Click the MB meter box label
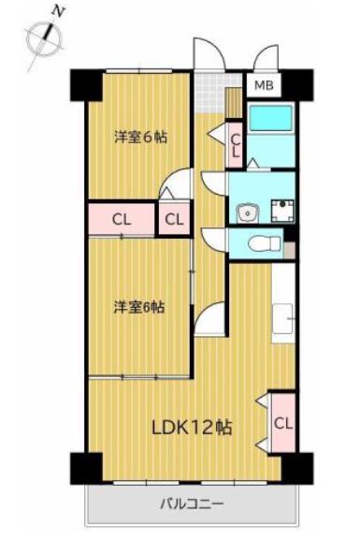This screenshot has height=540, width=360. pos(264,85)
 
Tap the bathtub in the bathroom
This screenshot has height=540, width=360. pos(271,118)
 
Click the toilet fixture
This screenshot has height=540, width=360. pos(266,244)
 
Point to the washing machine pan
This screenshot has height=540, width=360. pos(282,211)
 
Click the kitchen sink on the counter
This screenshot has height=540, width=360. pos(282,319)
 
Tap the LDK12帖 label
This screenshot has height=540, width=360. pos(192,428)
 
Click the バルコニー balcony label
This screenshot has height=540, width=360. pos(192,504)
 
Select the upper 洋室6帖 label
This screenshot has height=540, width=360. pos(141,138)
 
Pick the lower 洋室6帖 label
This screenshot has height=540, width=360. pos(139,307)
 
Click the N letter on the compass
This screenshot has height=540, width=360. pos(59,12)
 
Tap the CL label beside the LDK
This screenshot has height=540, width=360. pos(283,424)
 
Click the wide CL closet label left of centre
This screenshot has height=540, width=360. pos(122,219)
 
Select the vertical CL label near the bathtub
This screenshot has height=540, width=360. pos(236,145)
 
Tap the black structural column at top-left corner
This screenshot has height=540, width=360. pos(87,85)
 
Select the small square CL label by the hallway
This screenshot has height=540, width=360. pos(174,219)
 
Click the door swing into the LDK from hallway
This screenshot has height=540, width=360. pos(210,318)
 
